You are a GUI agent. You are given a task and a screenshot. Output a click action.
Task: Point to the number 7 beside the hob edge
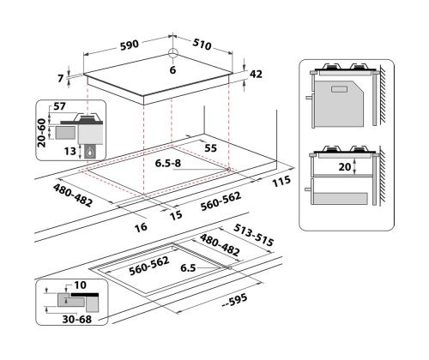pos(62,78)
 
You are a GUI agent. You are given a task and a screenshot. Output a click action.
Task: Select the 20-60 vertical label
pos(41,133)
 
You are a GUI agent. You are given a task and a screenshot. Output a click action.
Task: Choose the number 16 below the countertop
pos(142,227)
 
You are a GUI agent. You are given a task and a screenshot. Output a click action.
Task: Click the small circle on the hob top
pos(172,54)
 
